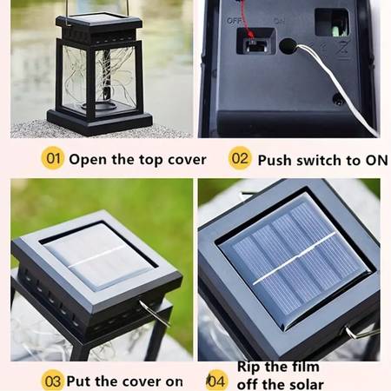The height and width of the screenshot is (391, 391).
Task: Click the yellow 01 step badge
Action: coord(52,158)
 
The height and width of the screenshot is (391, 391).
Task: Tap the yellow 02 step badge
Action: coord(240,158)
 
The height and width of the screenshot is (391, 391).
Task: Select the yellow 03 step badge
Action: coord(52,381)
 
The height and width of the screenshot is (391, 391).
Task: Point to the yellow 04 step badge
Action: coord(216,381)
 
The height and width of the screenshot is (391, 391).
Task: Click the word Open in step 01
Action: coord(88,160)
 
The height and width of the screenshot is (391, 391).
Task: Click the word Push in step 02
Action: coord(275,160)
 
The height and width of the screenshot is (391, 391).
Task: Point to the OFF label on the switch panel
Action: coord(235,21)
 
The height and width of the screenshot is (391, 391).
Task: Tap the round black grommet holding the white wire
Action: coord(288,46)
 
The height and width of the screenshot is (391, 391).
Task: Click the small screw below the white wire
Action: coord(337,99)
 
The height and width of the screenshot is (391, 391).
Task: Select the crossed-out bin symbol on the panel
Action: coord(343,50)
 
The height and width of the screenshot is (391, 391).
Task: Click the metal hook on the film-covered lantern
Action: coord(154,313)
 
